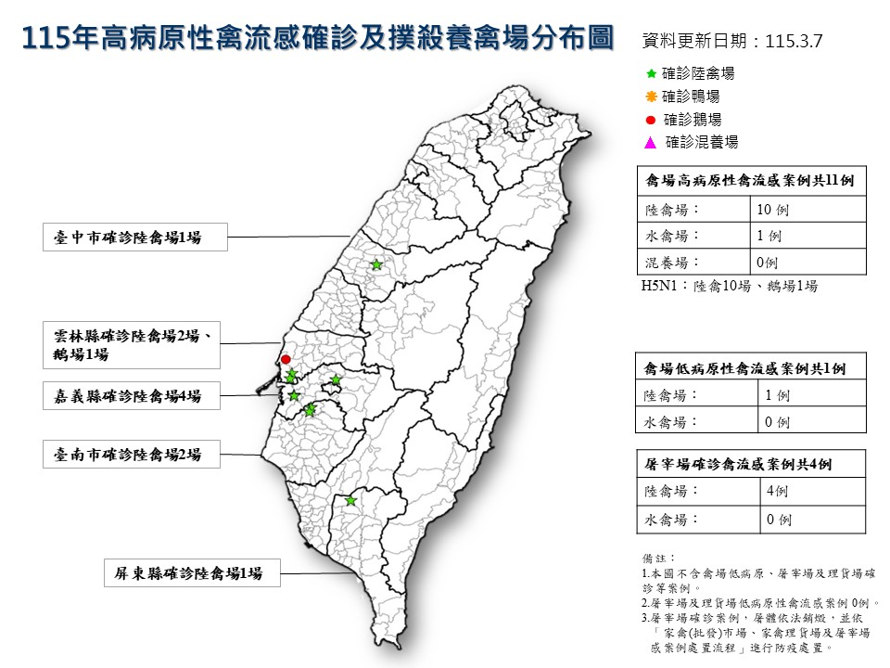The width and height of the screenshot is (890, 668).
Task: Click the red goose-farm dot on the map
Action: point(286,359)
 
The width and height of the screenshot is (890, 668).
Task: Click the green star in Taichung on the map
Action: point(376,265)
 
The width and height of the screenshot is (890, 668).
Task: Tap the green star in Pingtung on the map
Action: point(350,501)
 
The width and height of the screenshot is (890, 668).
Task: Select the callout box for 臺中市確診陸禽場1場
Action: point(135,238)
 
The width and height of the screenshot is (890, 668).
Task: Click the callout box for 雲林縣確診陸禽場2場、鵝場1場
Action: point(135,344)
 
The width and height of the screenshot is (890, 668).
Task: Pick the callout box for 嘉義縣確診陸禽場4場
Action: point(135,396)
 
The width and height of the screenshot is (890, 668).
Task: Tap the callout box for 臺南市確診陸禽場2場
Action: point(135,455)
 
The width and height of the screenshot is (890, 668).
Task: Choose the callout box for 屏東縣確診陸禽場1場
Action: point(191,574)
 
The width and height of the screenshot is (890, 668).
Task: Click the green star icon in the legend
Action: point(650,73)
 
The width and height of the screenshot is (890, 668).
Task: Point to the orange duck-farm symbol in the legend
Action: point(650,96)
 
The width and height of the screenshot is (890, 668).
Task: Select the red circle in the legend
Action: point(650,120)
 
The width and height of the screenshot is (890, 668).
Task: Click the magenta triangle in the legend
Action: point(650,143)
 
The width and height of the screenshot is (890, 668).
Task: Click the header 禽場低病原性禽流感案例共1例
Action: point(750,367)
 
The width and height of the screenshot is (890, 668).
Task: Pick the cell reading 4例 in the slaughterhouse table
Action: point(777,492)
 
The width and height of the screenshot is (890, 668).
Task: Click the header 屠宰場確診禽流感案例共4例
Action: point(750,463)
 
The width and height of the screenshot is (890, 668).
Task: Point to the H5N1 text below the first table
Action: point(730,287)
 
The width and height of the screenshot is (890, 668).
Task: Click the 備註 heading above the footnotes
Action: point(655,557)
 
